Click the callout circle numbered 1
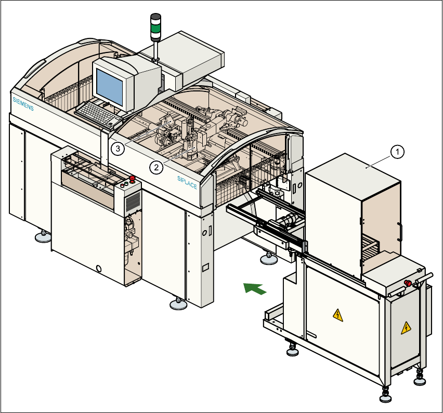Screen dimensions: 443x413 click(x=397, y=152)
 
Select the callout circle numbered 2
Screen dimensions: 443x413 click(x=154, y=167)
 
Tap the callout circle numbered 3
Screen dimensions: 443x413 click(x=118, y=149)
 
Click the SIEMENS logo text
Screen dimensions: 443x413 click(x=23, y=104)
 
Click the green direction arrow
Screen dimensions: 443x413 click(x=255, y=288)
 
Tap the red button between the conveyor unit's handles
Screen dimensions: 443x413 click(x=408, y=283)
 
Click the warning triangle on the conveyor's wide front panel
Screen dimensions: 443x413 click(x=338, y=315)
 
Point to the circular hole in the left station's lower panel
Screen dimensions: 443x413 click(x=99, y=269)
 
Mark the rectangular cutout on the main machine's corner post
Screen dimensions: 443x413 click(x=205, y=268)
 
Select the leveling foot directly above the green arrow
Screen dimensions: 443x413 click(x=269, y=258)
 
